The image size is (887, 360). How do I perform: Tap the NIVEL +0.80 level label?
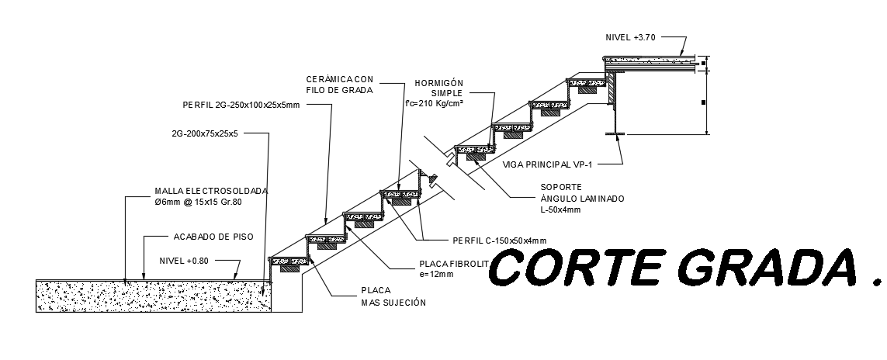click(x=184, y=261)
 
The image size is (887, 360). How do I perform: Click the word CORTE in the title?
click(x=578, y=268)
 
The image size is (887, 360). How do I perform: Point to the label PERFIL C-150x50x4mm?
click(x=499, y=240)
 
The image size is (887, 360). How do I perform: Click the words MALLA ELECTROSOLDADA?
click(x=211, y=191)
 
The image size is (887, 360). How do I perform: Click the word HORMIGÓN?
click(x=438, y=82)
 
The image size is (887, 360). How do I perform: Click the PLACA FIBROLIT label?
click(x=449, y=264)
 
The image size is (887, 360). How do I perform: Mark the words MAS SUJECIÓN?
click(x=393, y=302)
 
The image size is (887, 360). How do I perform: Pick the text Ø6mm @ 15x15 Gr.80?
click(x=198, y=202)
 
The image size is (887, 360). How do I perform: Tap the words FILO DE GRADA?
click(x=341, y=90)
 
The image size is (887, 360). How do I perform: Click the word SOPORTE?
click(x=561, y=187)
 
